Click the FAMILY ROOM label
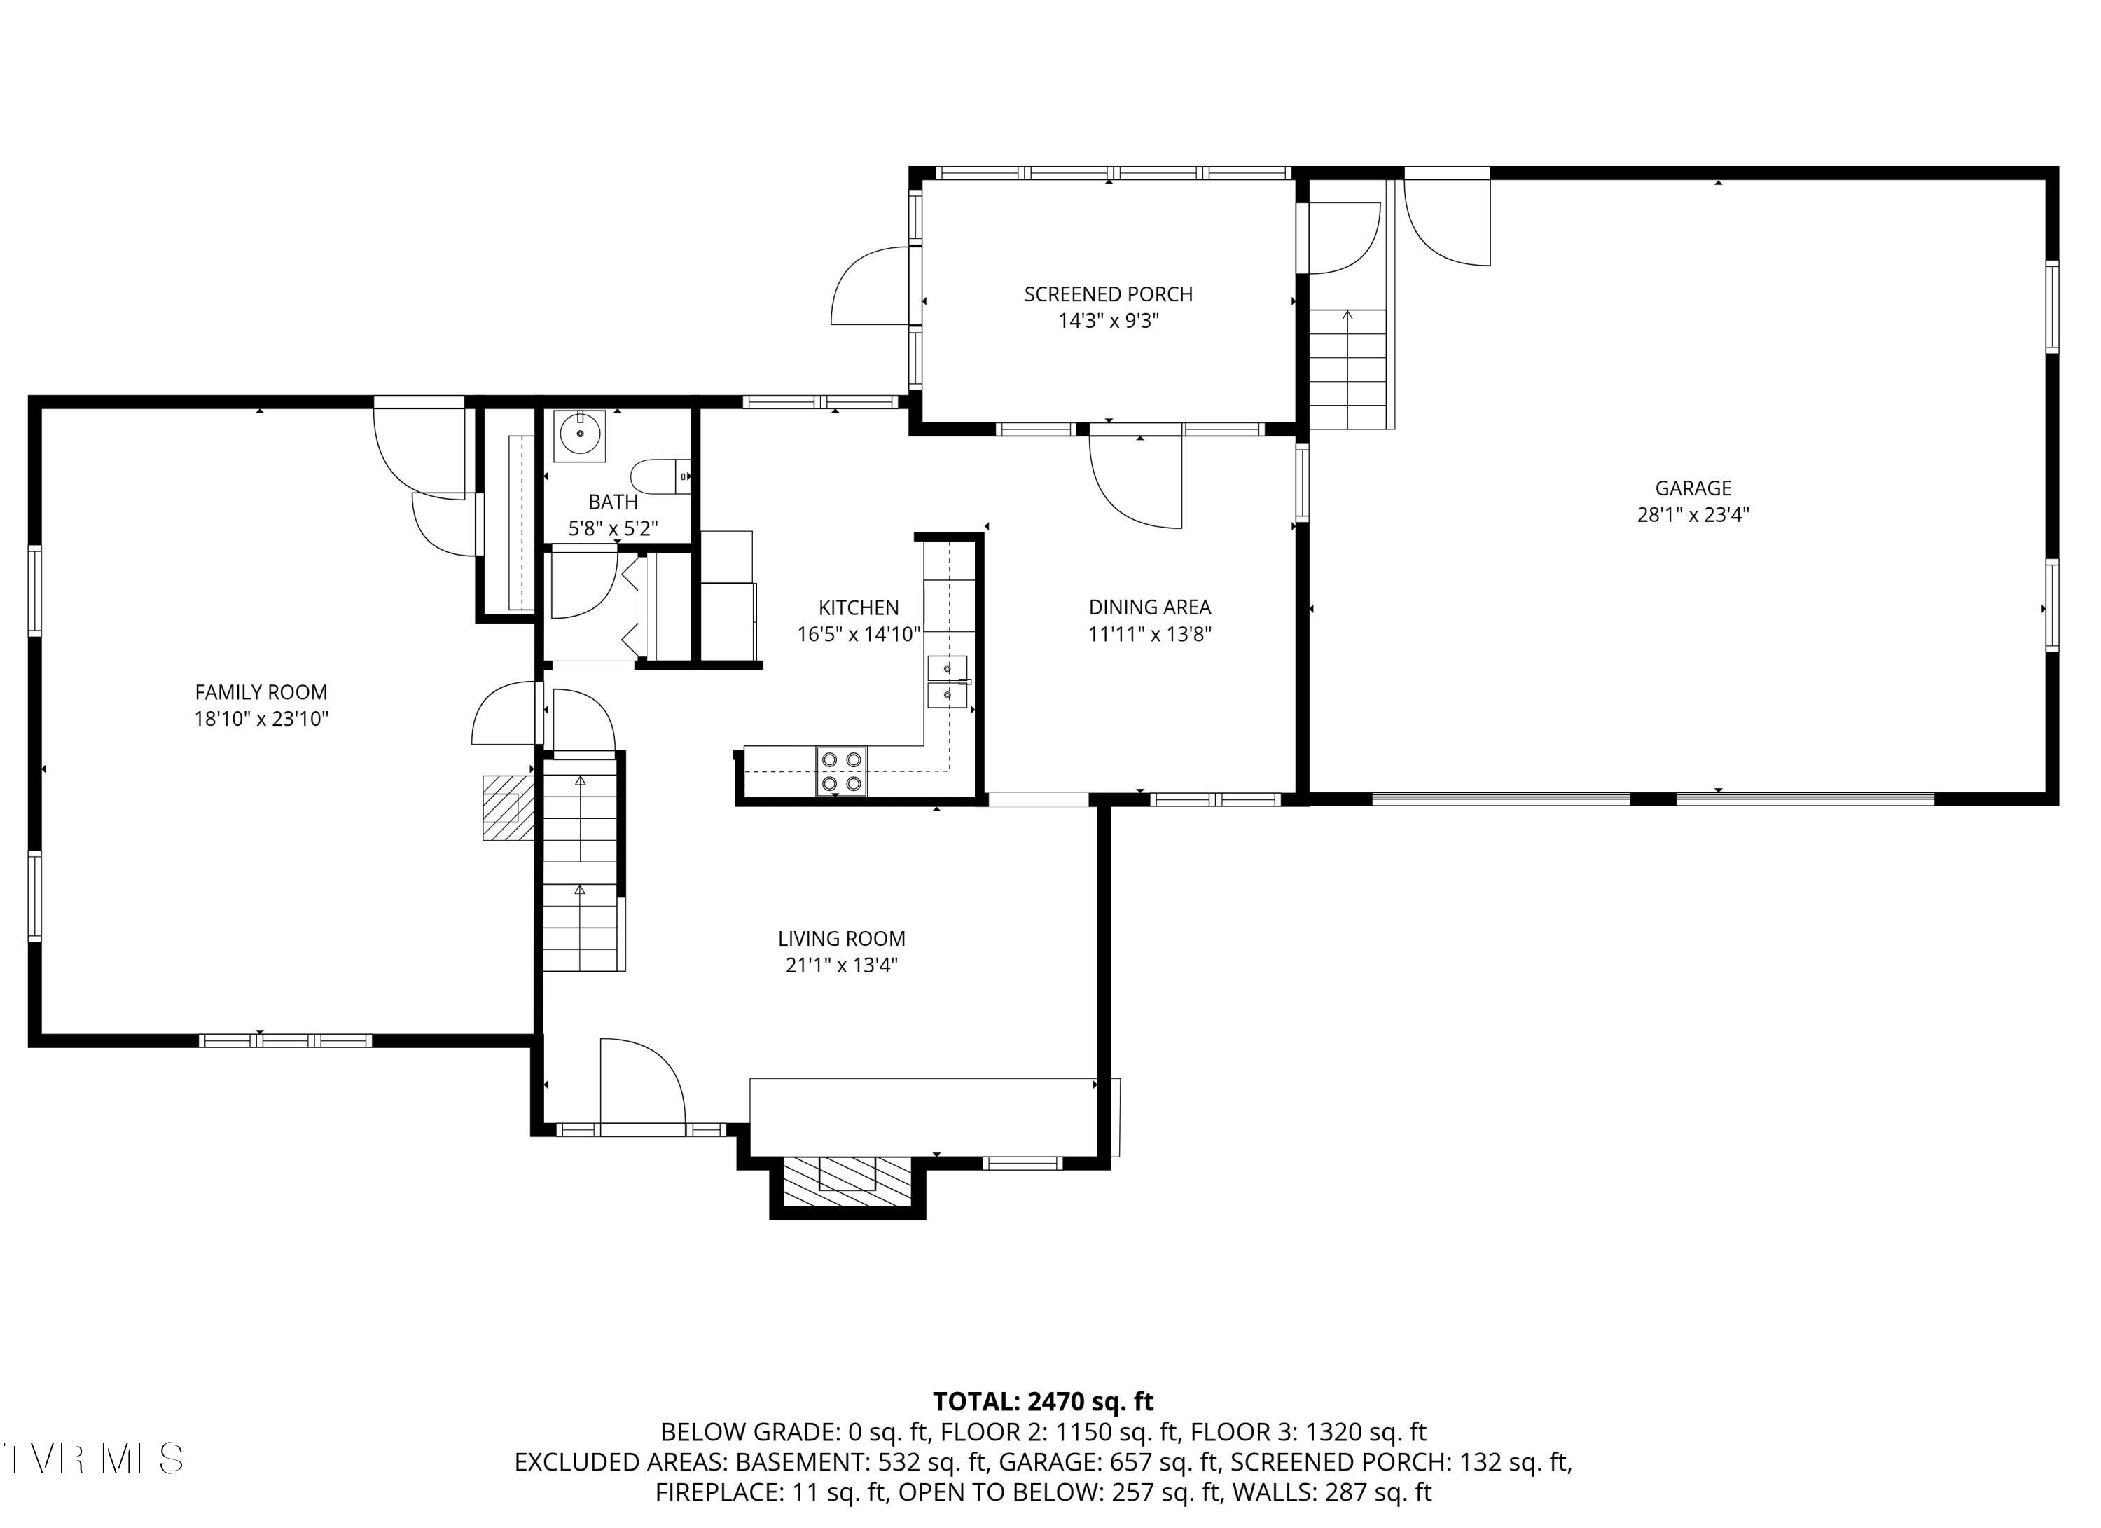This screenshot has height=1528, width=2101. (x=261, y=691)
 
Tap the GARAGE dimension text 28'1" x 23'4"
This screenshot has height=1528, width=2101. (x=1693, y=514)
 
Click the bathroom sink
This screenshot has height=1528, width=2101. (x=580, y=434)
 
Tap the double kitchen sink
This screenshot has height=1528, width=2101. (x=947, y=681)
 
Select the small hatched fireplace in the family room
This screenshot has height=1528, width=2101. (x=506, y=807)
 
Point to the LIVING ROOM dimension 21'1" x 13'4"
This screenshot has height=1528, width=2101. (x=841, y=965)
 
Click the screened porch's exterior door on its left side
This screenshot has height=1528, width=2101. (x=870, y=287)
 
